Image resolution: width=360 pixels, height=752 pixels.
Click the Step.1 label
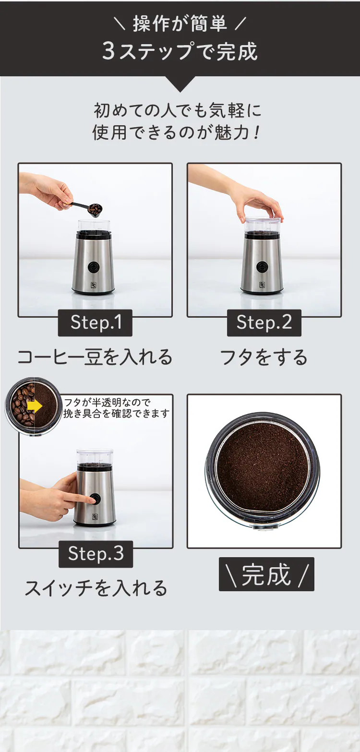[95, 322]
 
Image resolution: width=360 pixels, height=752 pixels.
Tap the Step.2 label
[264, 322]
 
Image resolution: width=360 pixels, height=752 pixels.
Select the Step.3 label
[96, 554]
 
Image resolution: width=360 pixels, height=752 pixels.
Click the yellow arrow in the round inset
[34, 406]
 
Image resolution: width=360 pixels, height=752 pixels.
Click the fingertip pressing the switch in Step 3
[91, 500]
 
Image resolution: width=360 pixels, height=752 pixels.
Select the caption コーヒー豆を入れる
[95, 357]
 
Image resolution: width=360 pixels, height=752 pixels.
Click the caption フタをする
[264, 357]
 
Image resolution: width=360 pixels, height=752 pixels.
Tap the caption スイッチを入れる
[96, 588]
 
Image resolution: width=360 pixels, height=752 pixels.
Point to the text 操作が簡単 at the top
[180, 24]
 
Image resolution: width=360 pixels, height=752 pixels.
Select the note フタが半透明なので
[107, 402]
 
